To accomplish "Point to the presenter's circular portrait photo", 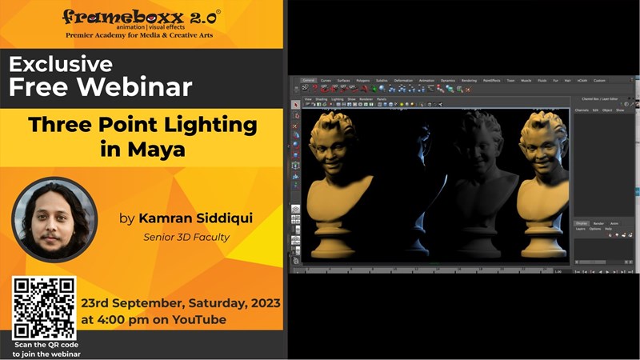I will (54, 218).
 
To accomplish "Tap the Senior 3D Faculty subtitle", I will (186, 237).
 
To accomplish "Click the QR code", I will (44, 308).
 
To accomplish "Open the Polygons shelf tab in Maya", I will (363, 81).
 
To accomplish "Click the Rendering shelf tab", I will (469, 81).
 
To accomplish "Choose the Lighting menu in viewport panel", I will (338, 99).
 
